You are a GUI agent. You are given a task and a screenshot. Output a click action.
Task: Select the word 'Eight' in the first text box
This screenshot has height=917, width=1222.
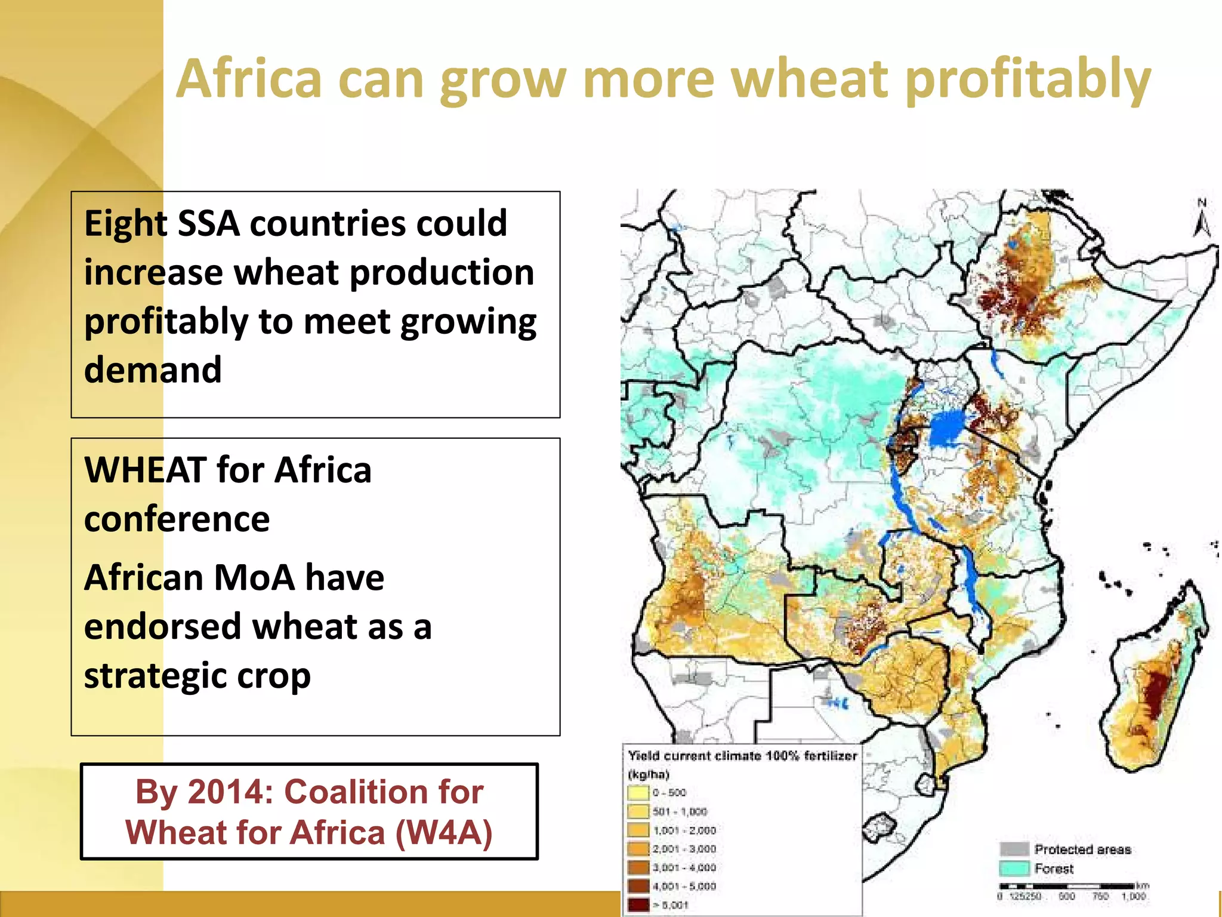click(125, 223)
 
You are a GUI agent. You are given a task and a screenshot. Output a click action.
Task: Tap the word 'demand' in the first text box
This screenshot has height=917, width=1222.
click(153, 370)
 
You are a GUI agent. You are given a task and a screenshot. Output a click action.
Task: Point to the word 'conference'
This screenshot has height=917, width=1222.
click(177, 519)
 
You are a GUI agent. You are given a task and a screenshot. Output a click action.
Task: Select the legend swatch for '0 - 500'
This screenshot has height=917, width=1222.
click(638, 793)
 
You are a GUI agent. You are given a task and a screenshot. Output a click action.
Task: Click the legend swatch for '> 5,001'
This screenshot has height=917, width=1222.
click(638, 904)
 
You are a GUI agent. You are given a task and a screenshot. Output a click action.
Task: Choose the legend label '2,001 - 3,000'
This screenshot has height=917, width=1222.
click(684, 849)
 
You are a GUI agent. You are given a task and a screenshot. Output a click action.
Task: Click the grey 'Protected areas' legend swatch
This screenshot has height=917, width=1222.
click(1014, 849)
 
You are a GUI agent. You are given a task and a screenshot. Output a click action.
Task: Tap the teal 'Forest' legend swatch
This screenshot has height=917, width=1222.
click(1014, 868)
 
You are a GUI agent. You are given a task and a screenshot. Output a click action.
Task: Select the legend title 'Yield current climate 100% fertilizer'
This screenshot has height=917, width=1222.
click(742, 756)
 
